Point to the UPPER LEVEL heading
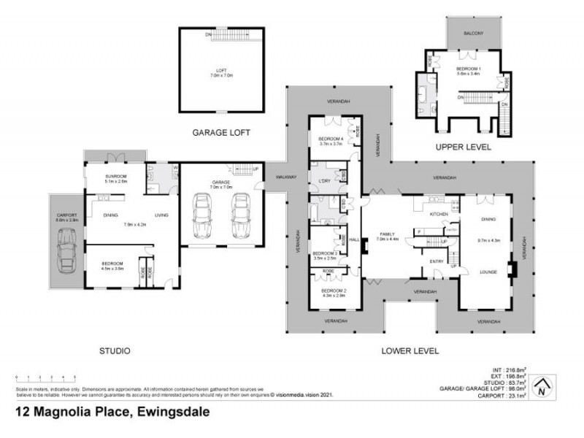pyautogui.click(x=463, y=147)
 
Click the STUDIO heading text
pyautogui.click(x=114, y=351)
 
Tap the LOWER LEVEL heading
pyautogui.click(x=410, y=351)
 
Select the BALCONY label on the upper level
pyautogui.click(x=474, y=34)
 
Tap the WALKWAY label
pyautogui.click(x=285, y=177)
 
